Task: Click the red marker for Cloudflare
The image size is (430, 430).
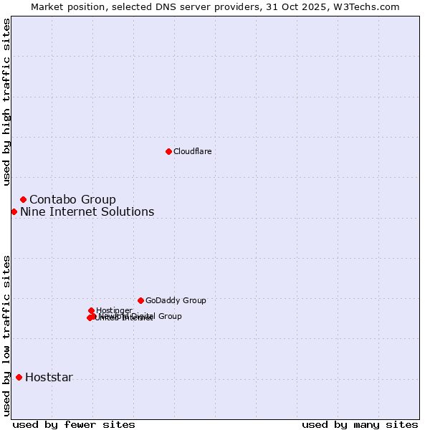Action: (168, 151)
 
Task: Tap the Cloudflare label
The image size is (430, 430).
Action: (192, 151)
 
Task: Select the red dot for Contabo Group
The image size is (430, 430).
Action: (23, 199)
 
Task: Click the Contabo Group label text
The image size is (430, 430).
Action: (72, 199)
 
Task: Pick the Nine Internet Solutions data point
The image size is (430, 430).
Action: (14, 211)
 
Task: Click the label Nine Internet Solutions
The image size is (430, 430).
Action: (87, 211)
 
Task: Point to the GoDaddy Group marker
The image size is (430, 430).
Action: (140, 300)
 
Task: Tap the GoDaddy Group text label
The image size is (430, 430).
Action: (176, 300)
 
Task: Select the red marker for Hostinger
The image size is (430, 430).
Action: (91, 310)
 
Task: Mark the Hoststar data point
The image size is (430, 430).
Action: (19, 377)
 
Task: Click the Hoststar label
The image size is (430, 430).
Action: (49, 377)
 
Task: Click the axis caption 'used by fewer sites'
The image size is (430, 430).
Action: (74, 424)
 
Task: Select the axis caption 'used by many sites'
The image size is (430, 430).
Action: (360, 424)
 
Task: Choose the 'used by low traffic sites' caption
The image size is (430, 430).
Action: (6, 335)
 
